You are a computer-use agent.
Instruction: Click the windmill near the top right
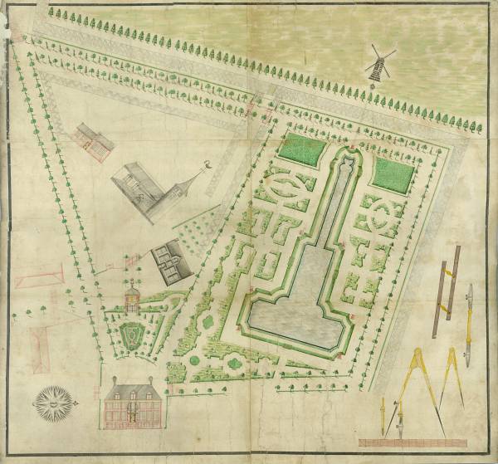click(379, 63)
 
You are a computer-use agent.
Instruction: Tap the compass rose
click(51, 403)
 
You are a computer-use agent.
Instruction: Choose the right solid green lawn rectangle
click(393, 173)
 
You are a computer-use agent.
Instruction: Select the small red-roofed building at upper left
click(93, 139)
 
